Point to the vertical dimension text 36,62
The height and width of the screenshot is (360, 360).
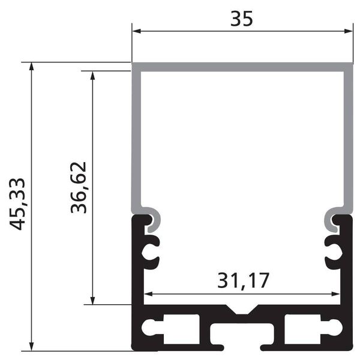[x=79, y=187]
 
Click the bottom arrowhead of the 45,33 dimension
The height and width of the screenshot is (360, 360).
[x=31, y=346]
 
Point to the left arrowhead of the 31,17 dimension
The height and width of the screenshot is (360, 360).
[x=149, y=295]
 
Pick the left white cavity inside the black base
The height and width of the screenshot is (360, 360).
[x=171, y=328]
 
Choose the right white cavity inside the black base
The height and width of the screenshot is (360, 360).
[x=312, y=328]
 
